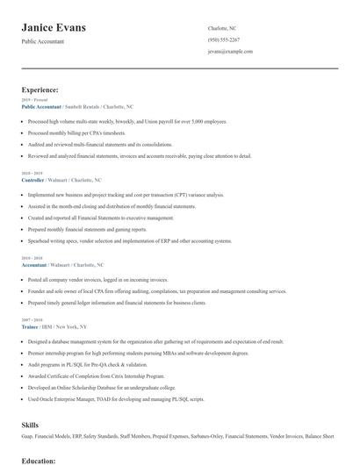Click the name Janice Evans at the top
tap(54, 28)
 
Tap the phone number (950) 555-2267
tap(224, 39)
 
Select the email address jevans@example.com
tap(230, 52)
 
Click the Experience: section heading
tap(40, 89)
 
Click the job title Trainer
tap(30, 325)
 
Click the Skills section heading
tap(31, 425)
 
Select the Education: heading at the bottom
tap(40, 460)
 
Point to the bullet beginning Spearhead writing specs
tap(130, 240)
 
